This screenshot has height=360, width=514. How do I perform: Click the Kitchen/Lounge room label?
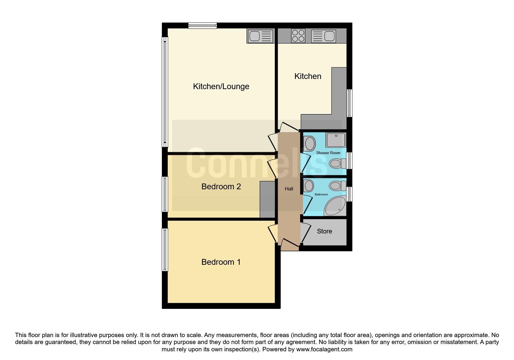click(221, 87)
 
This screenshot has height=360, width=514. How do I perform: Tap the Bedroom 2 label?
click(221, 186)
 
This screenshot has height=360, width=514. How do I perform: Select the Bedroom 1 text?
click(221, 262)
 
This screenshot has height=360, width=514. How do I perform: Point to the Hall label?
click(289, 189)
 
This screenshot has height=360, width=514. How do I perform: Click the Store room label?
click(324, 231)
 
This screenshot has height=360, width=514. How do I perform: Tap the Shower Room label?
click(328, 153)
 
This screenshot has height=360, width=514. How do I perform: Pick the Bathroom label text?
click(322, 195)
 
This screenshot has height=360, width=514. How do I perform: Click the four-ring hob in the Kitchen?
click(298, 36)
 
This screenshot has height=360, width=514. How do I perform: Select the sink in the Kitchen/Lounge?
click(261, 36)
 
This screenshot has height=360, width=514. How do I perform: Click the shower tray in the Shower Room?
click(336, 140)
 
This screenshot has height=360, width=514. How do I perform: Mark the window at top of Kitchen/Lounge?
click(202, 26)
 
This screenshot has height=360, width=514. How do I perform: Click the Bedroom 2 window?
click(165, 194)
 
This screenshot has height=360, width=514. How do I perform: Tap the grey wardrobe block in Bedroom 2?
click(267, 199)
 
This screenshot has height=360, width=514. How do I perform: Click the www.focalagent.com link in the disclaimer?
click(324, 349)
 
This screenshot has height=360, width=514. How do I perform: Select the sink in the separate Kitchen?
click(323, 36)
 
